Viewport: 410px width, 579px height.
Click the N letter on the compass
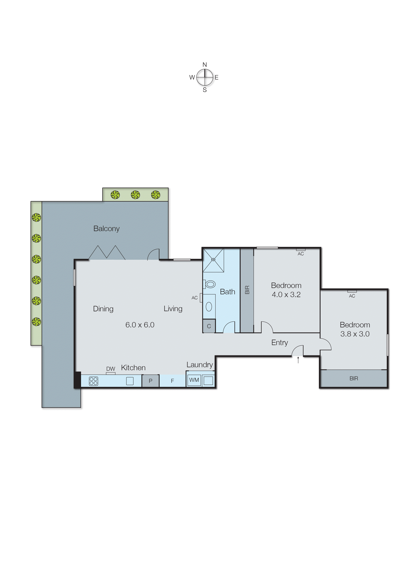point(205,65)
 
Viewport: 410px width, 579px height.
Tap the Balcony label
point(106,228)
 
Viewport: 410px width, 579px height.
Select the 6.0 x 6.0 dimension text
point(140,325)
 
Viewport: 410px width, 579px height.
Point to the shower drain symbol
point(213,259)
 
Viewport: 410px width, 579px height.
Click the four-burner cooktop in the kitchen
point(93,381)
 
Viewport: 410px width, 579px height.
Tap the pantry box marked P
point(151,381)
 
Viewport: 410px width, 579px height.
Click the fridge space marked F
point(173,381)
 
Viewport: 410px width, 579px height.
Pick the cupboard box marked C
point(209,326)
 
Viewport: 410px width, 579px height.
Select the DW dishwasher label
point(111,369)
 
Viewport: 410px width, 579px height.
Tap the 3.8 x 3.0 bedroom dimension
point(355,334)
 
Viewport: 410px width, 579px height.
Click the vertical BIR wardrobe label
point(247,290)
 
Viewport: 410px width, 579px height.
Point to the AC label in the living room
point(194,298)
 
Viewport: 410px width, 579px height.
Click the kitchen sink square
point(130,381)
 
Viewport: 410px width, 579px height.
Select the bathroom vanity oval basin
point(209,307)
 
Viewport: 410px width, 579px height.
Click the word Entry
point(280,343)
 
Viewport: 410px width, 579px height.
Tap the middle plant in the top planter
point(135,195)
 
